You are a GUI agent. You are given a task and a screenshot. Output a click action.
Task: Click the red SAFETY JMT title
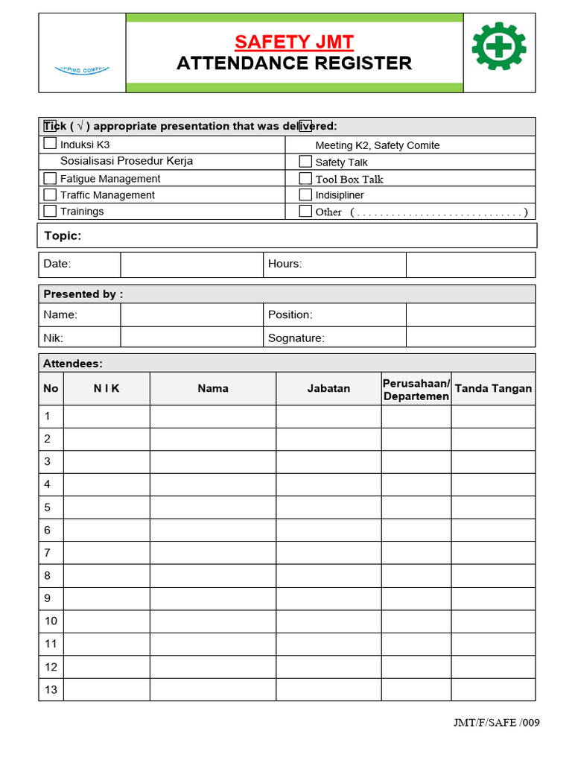(294, 41)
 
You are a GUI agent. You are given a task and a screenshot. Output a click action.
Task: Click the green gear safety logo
(499, 46)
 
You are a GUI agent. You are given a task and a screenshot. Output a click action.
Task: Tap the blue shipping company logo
(82, 69)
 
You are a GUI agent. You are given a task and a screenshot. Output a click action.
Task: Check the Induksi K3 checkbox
(50, 143)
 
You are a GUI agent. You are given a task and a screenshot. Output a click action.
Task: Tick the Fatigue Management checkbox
(50, 178)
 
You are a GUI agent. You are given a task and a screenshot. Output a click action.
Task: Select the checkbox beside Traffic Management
(50, 194)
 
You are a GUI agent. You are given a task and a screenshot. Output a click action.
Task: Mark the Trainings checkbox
(50, 211)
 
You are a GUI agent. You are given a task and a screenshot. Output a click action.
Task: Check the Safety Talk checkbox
(305, 162)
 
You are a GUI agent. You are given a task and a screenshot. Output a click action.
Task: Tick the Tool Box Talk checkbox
(305, 178)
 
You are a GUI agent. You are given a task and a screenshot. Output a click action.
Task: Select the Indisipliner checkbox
(305, 194)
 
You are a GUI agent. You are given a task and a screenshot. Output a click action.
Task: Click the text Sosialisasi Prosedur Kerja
(127, 161)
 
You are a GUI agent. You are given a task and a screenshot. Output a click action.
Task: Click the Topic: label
(63, 236)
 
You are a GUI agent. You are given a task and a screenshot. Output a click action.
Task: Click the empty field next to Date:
(191, 264)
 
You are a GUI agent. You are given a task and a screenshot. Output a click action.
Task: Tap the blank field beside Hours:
(470, 264)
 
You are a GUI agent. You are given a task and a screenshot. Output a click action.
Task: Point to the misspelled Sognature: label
(296, 338)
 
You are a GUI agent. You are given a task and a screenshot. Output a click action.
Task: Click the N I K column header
(107, 388)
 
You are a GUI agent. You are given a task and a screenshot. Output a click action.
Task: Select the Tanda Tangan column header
(493, 388)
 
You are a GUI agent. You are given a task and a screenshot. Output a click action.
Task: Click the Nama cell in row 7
(212, 553)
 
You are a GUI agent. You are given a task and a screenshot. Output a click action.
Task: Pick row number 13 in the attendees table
(51, 689)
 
